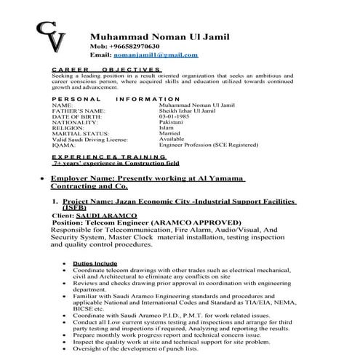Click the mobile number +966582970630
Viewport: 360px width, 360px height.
pos(132,45)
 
